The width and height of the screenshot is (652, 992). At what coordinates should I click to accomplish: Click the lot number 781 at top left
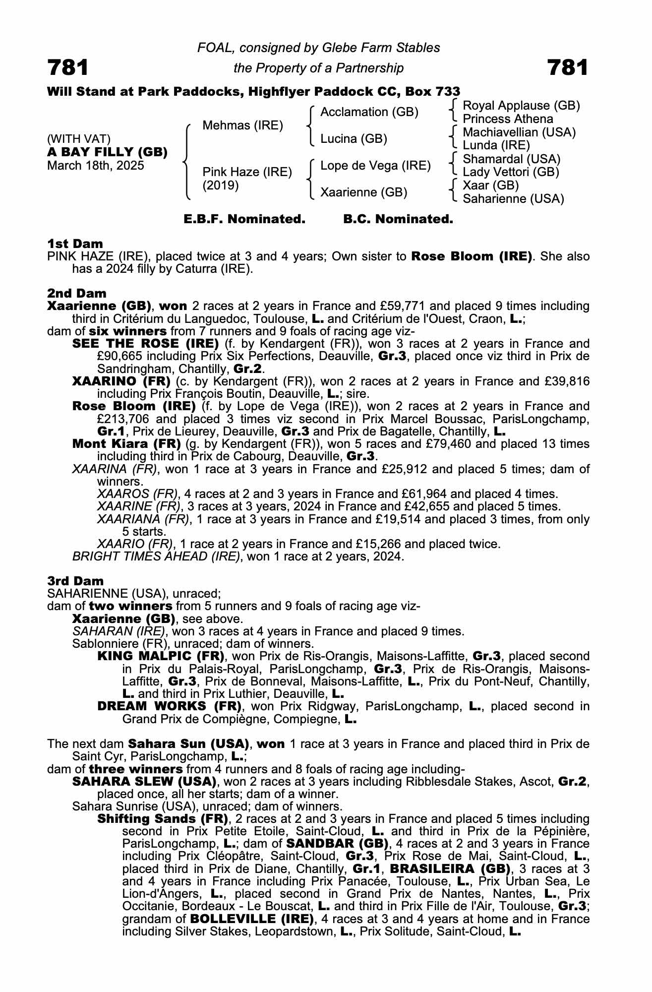68,68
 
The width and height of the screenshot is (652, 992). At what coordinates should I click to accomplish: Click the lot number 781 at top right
568,68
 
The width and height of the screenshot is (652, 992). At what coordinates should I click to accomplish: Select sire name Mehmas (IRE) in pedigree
242,125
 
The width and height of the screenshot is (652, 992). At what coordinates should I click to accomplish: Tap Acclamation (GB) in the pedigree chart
369,112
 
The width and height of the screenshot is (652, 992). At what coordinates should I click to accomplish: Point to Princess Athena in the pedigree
508,119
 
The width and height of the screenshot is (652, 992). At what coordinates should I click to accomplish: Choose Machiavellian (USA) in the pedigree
519,132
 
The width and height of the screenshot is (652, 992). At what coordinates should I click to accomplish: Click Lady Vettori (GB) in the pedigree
511,172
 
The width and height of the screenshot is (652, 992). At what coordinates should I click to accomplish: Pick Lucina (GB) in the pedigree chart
354,139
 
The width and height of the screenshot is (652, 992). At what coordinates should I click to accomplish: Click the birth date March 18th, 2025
95,166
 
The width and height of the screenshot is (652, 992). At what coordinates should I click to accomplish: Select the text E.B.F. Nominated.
244,219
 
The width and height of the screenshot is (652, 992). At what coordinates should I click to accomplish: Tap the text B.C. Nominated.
398,219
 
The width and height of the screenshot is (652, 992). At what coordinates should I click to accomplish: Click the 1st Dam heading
75,244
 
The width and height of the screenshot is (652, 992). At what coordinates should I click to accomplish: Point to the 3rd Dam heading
75,581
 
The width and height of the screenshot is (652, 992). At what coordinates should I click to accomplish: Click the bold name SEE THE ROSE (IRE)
145,344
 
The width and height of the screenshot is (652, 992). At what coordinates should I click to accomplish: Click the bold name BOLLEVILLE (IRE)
251,919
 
